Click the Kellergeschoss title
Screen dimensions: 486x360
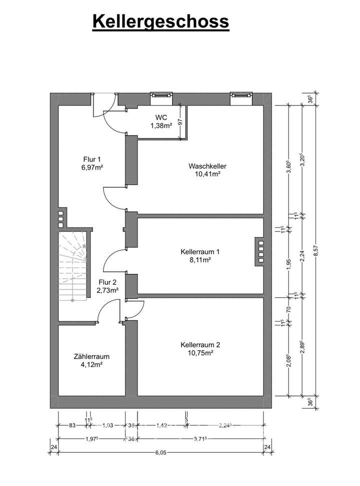click(160, 21)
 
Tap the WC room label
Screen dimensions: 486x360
click(161, 118)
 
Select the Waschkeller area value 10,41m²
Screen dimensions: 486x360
click(204, 174)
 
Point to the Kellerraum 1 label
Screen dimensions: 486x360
click(200, 252)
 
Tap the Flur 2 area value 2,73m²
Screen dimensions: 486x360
click(107, 290)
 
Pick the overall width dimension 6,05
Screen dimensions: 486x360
click(161, 452)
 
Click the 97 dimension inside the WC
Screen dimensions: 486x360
click(180, 120)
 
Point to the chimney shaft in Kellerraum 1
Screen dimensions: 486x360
click(260, 251)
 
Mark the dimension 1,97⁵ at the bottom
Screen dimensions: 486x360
click(90, 438)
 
